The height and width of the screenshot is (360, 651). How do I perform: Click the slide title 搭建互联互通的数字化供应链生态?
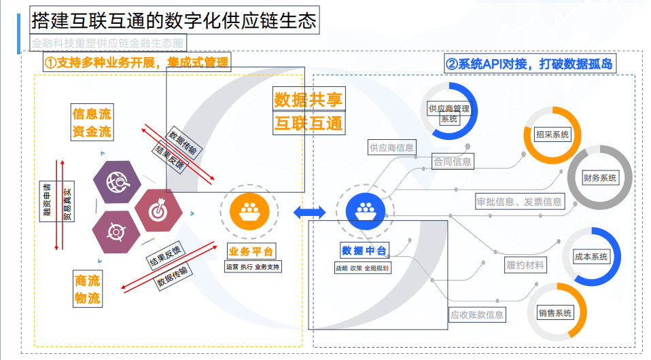(x=174, y=21)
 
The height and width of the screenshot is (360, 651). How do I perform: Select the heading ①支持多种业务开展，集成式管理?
(x=137, y=62)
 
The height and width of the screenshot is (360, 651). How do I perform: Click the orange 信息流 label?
(x=92, y=113)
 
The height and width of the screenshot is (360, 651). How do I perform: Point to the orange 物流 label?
(x=88, y=298)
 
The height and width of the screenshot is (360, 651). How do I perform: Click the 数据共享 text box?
(x=309, y=99)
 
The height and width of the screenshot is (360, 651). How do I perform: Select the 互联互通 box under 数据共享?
(x=309, y=123)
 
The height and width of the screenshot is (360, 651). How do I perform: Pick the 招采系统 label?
(x=552, y=134)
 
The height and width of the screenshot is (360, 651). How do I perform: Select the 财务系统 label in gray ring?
(x=599, y=178)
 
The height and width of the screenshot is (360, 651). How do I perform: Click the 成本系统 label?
(x=591, y=257)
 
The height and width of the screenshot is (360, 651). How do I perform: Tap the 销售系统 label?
(x=555, y=313)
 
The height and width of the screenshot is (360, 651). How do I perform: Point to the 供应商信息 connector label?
(x=391, y=147)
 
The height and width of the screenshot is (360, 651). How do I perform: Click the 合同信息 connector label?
(x=453, y=162)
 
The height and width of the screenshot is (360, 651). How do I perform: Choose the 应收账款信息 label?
(x=477, y=314)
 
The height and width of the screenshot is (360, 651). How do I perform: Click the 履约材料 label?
(x=525, y=265)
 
